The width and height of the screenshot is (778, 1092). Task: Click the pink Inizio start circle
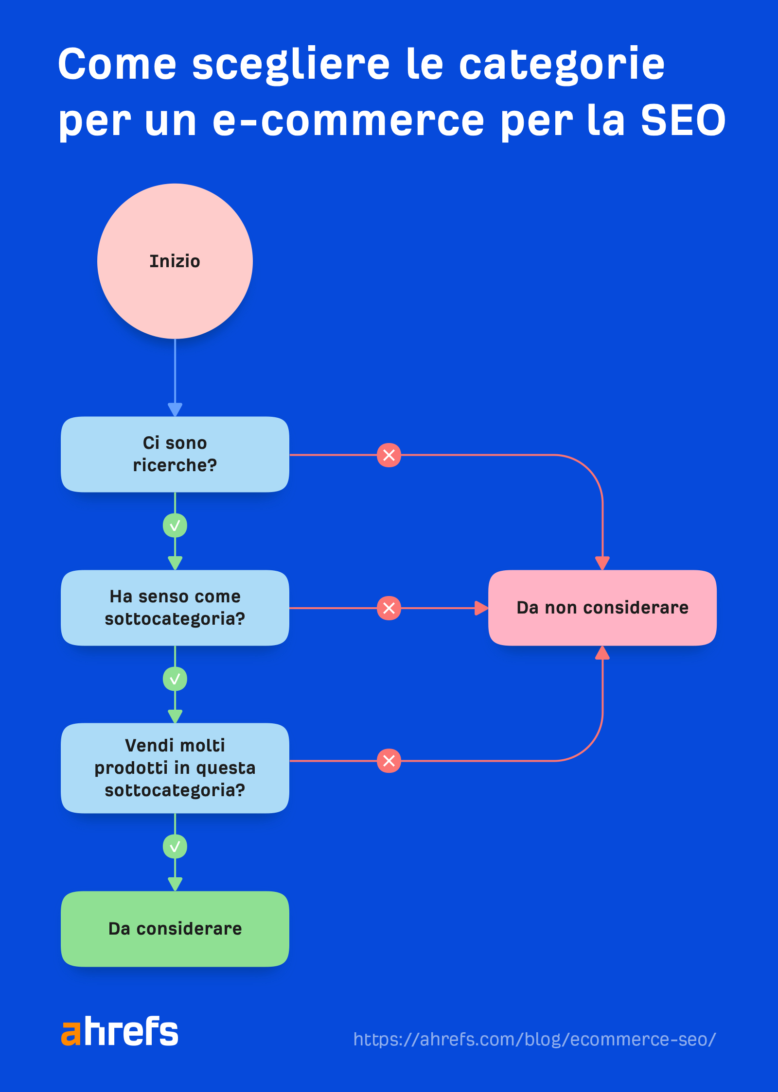(x=175, y=261)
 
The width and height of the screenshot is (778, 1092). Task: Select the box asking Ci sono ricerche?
(x=175, y=454)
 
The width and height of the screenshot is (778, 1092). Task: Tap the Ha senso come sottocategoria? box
(x=175, y=608)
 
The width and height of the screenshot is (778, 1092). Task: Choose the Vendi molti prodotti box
(x=175, y=768)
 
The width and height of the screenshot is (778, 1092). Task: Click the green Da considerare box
(x=175, y=928)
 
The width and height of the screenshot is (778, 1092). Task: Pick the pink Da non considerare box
(x=602, y=608)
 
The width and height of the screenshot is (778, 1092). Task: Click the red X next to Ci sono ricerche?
(x=389, y=455)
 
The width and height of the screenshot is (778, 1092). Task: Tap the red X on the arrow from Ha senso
(x=389, y=608)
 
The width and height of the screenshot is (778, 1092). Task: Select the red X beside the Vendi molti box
(x=389, y=761)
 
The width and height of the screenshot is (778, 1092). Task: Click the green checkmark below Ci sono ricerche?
(x=175, y=526)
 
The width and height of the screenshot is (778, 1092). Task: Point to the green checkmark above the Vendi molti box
(x=175, y=679)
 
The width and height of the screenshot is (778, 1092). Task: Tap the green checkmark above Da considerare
(x=175, y=847)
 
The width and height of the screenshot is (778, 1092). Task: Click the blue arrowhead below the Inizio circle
(x=175, y=409)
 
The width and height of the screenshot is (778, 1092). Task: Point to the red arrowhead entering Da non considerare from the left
(x=481, y=608)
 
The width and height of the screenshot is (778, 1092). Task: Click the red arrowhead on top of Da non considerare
(x=602, y=563)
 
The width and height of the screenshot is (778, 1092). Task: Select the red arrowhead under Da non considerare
(x=602, y=653)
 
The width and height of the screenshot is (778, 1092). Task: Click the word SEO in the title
(x=683, y=120)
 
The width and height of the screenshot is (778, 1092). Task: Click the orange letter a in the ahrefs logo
(x=71, y=1033)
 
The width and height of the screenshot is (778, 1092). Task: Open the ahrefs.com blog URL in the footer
(x=534, y=1039)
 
